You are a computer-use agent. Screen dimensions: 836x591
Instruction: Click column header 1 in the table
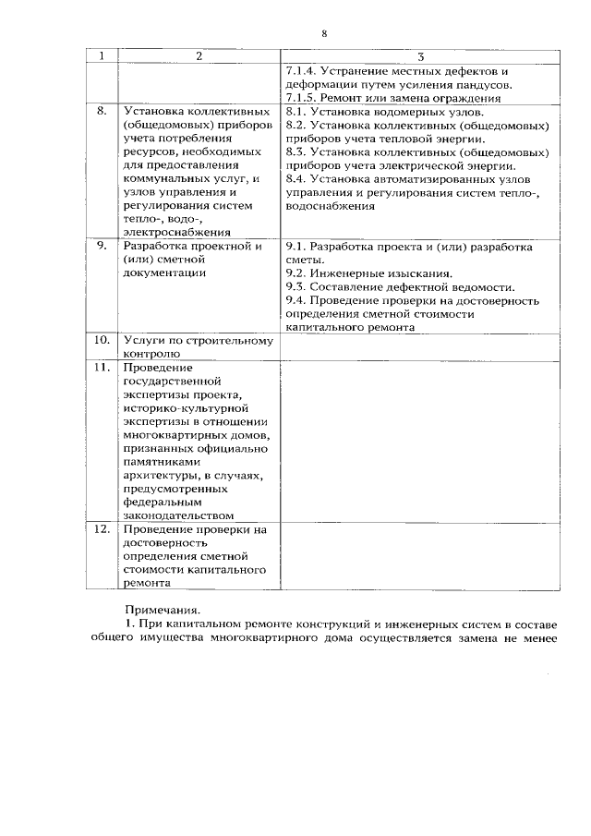[x=103, y=56]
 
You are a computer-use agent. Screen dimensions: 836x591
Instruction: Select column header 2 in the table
[x=198, y=56]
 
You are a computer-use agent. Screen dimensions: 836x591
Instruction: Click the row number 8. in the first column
[x=103, y=111]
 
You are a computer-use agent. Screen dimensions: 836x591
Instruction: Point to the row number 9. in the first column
[x=103, y=247]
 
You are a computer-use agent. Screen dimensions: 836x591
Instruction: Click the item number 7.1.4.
[x=303, y=71]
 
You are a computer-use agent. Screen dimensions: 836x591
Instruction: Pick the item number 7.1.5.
[x=303, y=97]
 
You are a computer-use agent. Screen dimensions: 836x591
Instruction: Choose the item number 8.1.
[x=296, y=111]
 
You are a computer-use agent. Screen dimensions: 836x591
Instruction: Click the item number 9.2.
[x=296, y=273]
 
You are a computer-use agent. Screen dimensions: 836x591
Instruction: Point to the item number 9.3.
[x=296, y=287]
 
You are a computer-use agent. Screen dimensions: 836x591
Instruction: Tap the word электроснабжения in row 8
[x=176, y=233]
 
